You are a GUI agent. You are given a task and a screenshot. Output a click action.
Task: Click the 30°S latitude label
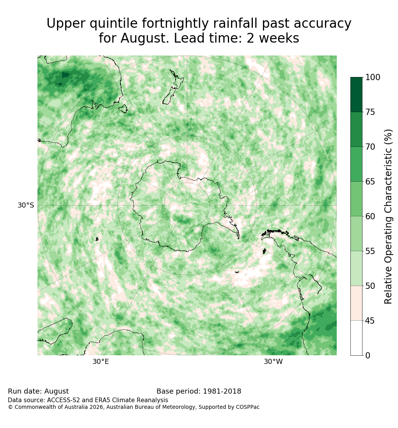pyautogui.click(x=26, y=205)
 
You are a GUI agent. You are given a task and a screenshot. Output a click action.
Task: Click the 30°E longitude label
pyautogui.click(x=101, y=362)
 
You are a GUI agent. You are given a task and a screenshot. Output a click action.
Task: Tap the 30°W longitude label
pyautogui.click(x=273, y=362)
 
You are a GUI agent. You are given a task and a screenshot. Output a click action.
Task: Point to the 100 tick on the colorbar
pyautogui.click(x=373, y=77)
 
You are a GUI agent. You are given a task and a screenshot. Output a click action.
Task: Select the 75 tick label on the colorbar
pyautogui.click(x=370, y=112)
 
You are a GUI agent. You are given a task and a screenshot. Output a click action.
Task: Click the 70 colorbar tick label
pyautogui.click(x=370, y=147)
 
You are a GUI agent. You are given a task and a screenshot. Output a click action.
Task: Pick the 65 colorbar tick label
pyautogui.click(x=370, y=181)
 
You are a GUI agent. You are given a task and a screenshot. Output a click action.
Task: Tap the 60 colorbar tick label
pyautogui.click(x=370, y=216)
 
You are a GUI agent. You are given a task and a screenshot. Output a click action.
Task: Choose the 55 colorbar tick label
pyautogui.click(x=370, y=251)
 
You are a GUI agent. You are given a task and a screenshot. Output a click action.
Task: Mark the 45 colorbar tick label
pyautogui.click(x=370, y=321)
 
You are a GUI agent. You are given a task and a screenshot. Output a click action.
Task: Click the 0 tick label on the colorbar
pyautogui.click(x=368, y=355)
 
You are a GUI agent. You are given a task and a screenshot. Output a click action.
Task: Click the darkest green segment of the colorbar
pyautogui.click(x=356, y=95)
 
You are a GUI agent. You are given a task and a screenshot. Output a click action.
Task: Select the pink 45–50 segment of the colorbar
pyautogui.click(x=356, y=303)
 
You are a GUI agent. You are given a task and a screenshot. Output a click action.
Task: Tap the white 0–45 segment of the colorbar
pyautogui.click(x=356, y=338)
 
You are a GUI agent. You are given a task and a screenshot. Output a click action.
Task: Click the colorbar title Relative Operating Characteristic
pyautogui.click(x=388, y=217)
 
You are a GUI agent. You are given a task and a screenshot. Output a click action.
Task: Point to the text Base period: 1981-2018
pyautogui.click(x=199, y=391)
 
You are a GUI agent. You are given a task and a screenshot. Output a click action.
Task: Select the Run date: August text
pyautogui.click(x=38, y=391)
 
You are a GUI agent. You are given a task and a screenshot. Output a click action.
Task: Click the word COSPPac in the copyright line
pyautogui.click(x=248, y=407)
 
